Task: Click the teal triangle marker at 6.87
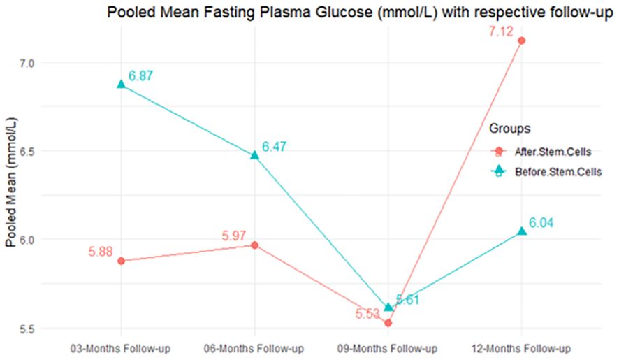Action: click(x=122, y=85)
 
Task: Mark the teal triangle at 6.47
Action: click(x=255, y=155)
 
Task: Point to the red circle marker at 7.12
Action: click(x=522, y=41)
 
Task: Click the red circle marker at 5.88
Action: click(x=122, y=261)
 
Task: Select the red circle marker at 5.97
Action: click(x=255, y=245)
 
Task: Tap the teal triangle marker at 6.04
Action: click(x=522, y=231)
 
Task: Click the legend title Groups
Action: click(x=509, y=129)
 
